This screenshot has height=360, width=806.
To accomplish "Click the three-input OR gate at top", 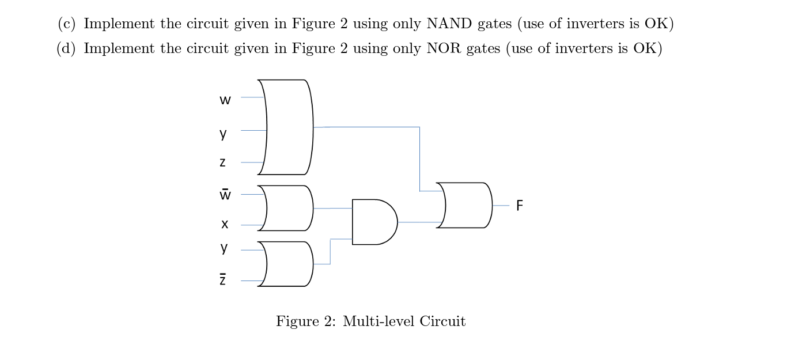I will [288, 127].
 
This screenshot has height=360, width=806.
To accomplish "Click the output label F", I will [520, 206].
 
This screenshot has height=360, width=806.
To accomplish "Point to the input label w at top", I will [225, 100].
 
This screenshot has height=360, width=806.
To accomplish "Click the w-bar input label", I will [225, 195].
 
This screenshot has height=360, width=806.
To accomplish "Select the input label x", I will [225, 224].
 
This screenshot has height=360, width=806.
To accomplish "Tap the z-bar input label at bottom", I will [223, 280].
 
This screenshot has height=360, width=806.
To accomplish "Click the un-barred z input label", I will [223, 162].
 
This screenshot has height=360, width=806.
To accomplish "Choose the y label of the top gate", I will [224, 134].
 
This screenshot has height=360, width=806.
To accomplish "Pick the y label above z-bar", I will [224, 248].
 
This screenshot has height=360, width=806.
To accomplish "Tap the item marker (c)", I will [67, 24].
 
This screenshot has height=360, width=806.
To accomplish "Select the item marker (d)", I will [67, 49].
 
